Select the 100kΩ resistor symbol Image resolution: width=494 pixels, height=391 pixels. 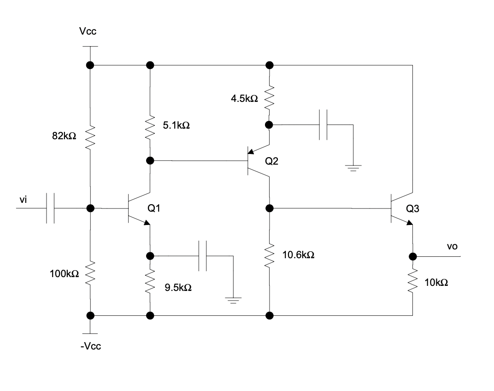pyautogui.click(x=90, y=273)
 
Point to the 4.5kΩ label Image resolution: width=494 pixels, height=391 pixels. pyautogui.click(x=244, y=99)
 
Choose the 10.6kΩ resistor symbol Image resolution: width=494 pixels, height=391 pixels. pyautogui.click(x=269, y=255)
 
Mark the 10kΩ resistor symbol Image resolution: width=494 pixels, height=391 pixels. pyautogui.click(x=412, y=282)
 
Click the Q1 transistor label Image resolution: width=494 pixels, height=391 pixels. pyautogui.click(x=153, y=208)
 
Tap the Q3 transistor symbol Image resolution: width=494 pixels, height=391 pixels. pyautogui.click(x=399, y=208)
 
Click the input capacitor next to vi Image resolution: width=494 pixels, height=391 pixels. pyautogui.click(x=51, y=208)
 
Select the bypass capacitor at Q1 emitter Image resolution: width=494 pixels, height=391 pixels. pyautogui.click(x=203, y=255)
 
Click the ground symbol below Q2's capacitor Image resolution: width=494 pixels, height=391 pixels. pyautogui.click(x=353, y=168)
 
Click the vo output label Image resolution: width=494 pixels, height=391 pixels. pyautogui.click(x=452, y=247)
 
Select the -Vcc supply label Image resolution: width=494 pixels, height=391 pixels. pyautogui.click(x=90, y=346)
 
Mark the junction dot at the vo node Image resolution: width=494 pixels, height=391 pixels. pyautogui.click(x=412, y=257)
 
